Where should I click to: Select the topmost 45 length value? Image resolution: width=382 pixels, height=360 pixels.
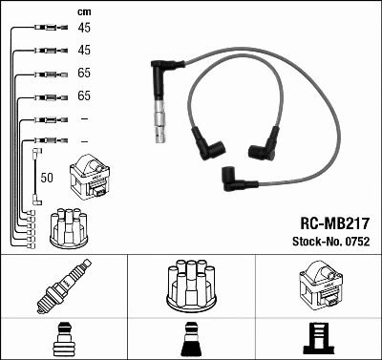point(83,29)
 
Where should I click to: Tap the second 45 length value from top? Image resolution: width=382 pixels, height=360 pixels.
point(83,51)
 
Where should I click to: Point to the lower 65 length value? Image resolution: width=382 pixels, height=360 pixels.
point(83,96)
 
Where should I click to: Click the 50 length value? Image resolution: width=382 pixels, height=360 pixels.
point(48,177)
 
